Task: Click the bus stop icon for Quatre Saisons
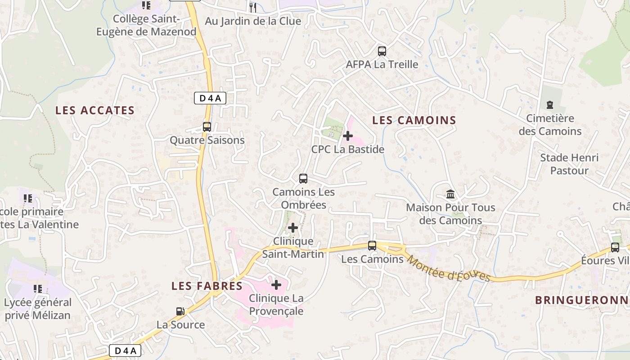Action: pyautogui.click(x=207, y=127)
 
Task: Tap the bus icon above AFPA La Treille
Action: pyautogui.click(x=382, y=51)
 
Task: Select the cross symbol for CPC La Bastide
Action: pyautogui.click(x=348, y=135)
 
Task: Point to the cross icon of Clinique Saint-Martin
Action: pyautogui.click(x=293, y=228)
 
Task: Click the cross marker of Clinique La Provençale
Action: pyautogui.click(x=276, y=284)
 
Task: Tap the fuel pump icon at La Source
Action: pyautogui.click(x=180, y=311)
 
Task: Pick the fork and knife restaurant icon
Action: pyautogui.click(x=253, y=7)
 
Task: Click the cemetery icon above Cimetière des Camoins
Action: pyautogui.click(x=549, y=105)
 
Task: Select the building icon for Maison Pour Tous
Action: pyautogui.click(x=450, y=194)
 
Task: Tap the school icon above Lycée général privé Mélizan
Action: pyautogui.click(x=38, y=288)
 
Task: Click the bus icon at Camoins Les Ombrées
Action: pyautogui.click(x=303, y=179)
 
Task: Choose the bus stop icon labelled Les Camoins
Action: pyautogui.click(x=372, y=246)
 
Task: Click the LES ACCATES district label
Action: pyautogui.click(x=95, y=110)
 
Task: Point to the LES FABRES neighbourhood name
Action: pyautogui.click(x=207, y=286)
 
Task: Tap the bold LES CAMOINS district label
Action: pyautogui.click(x=414, y=120)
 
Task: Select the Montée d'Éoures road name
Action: pyautogui.click(x=448, y=268)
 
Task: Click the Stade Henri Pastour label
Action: pyautogui.click(x=569, y=164)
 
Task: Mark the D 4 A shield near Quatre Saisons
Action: pyautogui.click(x=210, y=98)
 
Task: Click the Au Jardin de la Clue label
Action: pyautogui.click(x=253, y=21)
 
